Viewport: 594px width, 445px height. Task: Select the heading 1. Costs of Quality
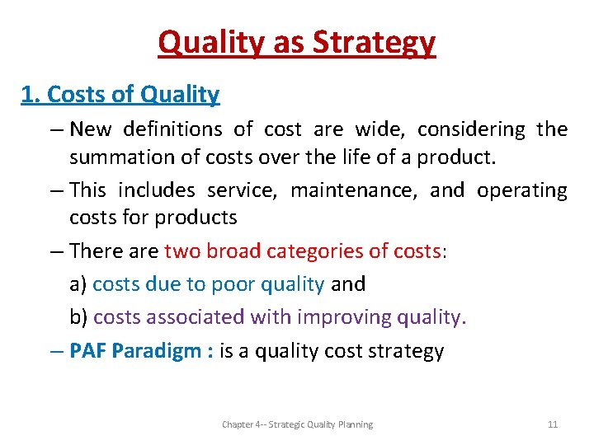tap(120, 95)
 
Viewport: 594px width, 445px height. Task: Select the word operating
tap(522, 190)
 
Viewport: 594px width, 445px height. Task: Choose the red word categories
tap(318, 251)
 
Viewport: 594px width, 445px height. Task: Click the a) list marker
tap(78, 284)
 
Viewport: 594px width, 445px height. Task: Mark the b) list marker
tap(79, 317)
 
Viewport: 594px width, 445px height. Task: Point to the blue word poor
tap(233, 284)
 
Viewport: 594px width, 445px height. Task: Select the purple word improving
tap(344, 317)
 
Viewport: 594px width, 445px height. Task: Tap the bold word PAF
tap(88, 351)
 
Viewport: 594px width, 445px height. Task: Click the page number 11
tap(553, 424)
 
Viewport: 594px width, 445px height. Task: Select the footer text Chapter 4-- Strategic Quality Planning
tap(297, 424)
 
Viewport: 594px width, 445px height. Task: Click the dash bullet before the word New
tap(57, 130)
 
